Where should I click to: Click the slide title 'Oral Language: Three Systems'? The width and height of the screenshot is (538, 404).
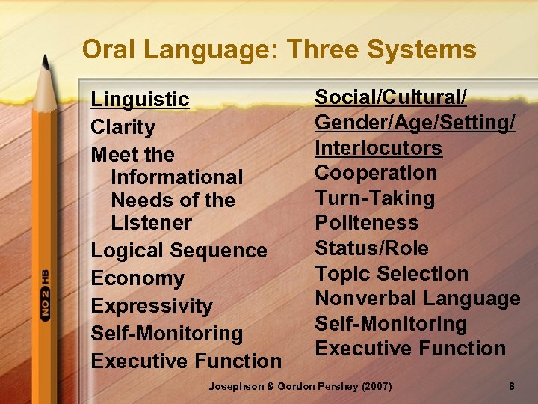[279, 49]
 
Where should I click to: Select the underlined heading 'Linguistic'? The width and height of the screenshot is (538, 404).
[140, 100]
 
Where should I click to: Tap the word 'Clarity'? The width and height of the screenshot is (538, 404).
[123, 127]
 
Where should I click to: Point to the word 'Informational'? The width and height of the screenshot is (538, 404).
[176, 177]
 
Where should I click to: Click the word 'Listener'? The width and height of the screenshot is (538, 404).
[151, 223]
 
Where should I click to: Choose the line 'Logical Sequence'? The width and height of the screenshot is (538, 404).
[179, 251]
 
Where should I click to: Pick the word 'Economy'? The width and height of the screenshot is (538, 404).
[137, 278]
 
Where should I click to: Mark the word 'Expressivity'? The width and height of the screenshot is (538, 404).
[152, 306]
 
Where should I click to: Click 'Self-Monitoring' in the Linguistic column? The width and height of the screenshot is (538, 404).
[167, 334]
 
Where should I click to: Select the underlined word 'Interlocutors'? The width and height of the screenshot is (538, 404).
[378, 148]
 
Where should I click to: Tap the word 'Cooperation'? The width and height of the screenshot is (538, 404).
[376, 173]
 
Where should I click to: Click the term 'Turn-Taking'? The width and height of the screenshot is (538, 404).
[374, 198]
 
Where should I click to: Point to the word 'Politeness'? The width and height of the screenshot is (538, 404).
[367, 223]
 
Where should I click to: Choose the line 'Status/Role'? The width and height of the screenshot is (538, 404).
[372, 248]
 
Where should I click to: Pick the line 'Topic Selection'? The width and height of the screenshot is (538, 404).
[392, 274]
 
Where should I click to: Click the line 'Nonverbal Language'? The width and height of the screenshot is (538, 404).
[418, 299]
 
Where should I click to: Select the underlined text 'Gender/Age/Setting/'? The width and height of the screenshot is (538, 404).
[415, 123]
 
